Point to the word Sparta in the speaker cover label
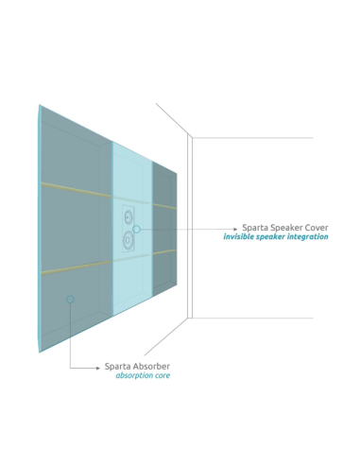255,228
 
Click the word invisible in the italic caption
241,237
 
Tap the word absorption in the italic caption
134,375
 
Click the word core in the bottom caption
162,375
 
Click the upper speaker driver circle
128,218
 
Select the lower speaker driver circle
127,240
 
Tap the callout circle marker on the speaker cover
137,229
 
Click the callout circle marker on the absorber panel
70,300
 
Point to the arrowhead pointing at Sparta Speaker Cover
235,229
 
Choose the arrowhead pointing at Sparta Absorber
97,367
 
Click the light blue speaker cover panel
132,274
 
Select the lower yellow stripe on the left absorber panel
76,268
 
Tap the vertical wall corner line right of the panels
190,227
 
